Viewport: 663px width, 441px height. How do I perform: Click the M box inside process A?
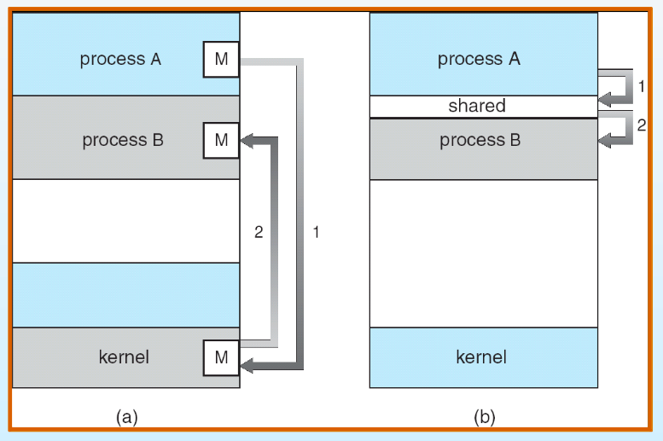(221, 59)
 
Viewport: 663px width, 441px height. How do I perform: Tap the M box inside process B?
(221, 141)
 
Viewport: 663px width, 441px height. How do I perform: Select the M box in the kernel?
(221, 357)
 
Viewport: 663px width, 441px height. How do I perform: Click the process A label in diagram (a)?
(120, 59)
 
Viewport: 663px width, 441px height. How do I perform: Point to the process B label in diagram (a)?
(123, 141)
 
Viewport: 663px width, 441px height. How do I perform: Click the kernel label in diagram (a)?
(124, 357)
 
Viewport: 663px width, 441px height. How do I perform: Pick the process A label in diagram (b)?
(479, 59)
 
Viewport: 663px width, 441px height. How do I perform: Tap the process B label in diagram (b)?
(480, 141)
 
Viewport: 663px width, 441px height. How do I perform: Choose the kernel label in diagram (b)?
(481, 357)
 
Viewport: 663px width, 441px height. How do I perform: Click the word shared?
(477, 106)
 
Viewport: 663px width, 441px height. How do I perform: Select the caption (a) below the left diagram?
(127, 417)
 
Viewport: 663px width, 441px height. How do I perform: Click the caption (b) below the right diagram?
(485, 417)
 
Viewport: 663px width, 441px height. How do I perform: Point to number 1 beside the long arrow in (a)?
(316, 232)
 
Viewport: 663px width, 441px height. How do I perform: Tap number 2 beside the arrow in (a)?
(259, 232)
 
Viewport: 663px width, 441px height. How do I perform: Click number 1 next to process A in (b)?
(642, 86)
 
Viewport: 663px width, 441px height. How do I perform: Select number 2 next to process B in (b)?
(642, 125)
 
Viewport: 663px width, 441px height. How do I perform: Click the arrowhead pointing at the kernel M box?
(247, 365)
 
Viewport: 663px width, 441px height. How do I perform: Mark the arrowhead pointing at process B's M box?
(247, 141)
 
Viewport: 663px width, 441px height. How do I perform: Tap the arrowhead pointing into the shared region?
(605, 101)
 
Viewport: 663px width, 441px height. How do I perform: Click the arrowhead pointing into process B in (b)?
(605, 141)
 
